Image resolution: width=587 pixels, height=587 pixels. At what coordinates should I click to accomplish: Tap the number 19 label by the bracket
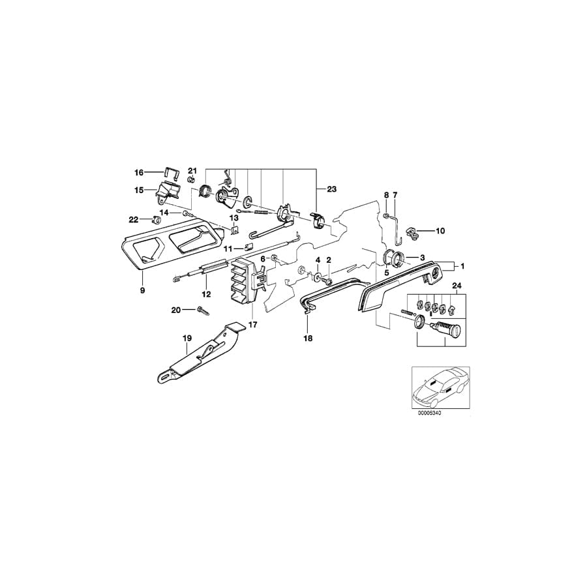pos(187,339)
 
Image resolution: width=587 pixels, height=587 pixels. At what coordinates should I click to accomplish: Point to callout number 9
pos(142,290)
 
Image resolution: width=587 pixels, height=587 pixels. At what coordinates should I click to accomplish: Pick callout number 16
pos(138,173)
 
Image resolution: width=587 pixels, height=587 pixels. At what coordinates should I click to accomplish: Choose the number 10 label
pos(440,231)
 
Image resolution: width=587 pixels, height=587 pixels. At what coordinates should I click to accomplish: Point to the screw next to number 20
pos(200,310)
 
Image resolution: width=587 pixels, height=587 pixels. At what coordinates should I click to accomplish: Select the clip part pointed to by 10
pos(414,230)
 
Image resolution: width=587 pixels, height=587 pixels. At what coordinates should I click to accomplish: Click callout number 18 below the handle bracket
pos(308,339)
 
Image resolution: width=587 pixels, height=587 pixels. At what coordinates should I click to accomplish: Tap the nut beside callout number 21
pos(191,179)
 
